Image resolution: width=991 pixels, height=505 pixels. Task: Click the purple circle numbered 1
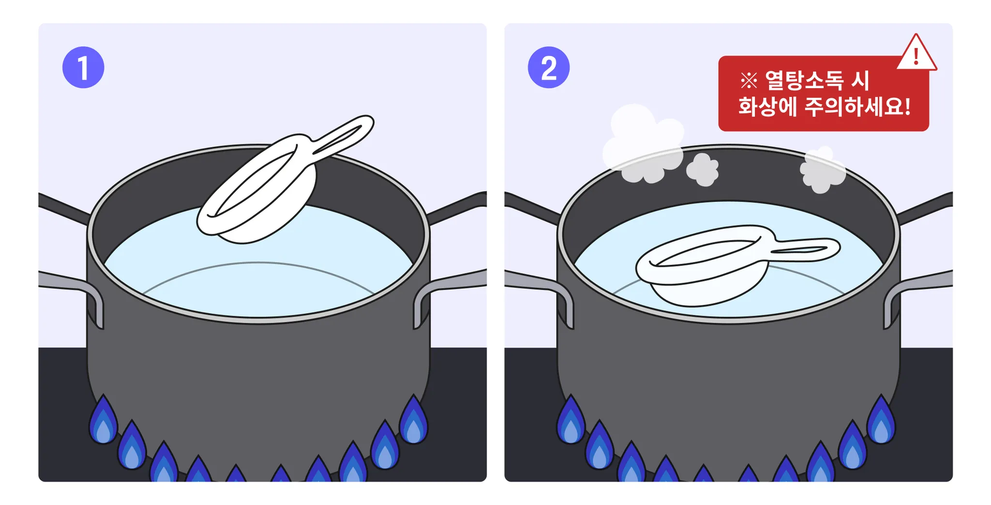coord(83,67)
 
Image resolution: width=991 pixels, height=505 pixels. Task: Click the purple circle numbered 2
coord(548,67)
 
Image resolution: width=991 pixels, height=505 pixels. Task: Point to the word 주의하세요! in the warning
coord(857,107)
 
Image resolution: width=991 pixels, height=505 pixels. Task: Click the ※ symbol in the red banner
coord(749,81)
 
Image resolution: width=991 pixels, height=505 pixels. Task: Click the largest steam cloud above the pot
coord(644,144)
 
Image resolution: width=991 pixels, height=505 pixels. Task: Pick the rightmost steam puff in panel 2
coord(822,170)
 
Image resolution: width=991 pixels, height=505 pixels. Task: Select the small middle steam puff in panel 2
coord(703,169)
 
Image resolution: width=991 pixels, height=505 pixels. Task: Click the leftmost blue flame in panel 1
coord(103,420)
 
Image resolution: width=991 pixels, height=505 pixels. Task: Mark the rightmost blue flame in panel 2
coord(881,420)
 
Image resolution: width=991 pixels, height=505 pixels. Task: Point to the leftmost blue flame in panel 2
coord(571,420)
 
